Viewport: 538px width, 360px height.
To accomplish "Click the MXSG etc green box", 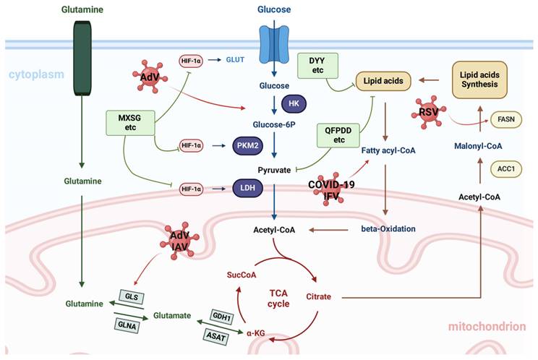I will pyautogui.click(x=129, y=122).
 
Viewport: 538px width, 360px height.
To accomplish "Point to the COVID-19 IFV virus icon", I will pyautogui.click(x=330, y=189).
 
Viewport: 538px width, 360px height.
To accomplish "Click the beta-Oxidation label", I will pyautogui.click(x=388, y=228).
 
